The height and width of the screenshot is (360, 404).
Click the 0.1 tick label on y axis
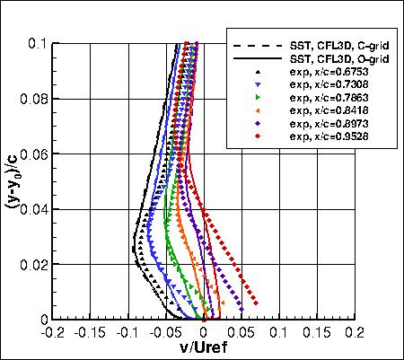pyautogui.click(x=40, y=41)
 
